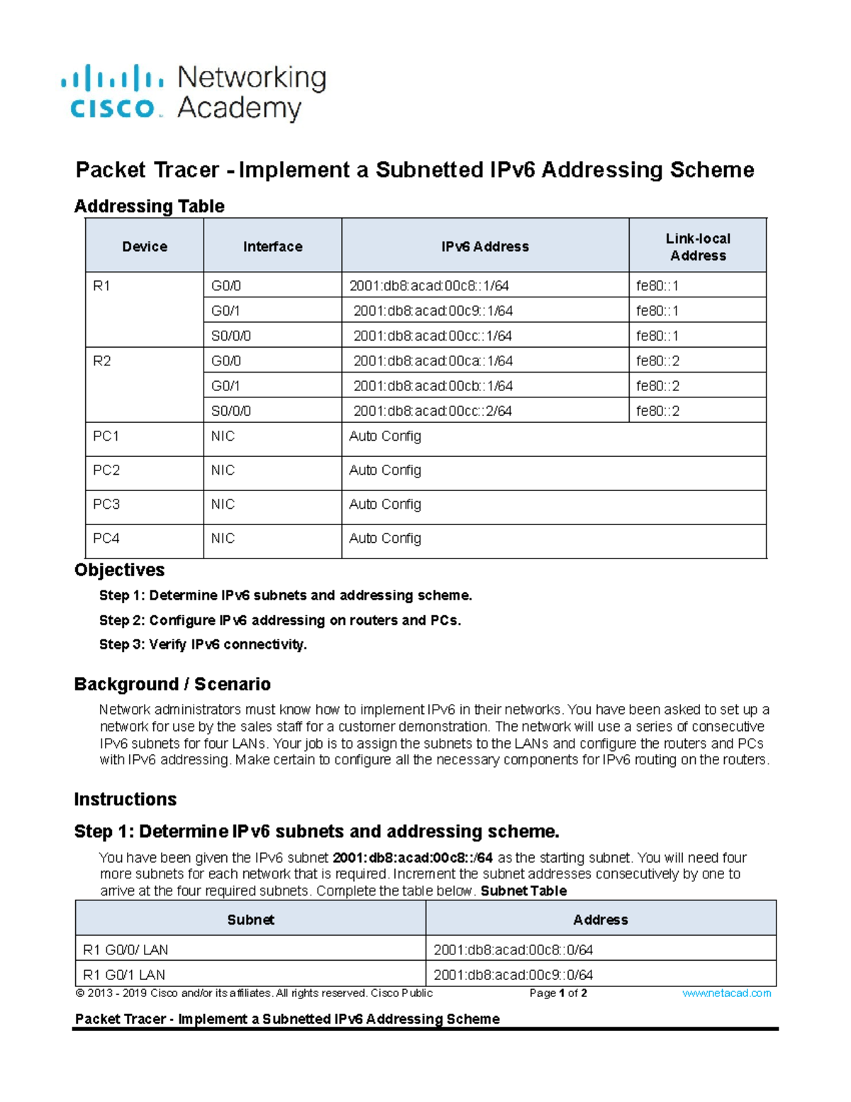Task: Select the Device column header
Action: (x=145, y=246)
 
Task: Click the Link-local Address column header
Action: (x=698, y=247)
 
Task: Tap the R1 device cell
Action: (x=101, y=286)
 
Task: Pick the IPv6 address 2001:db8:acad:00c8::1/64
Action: (x=429, y=286)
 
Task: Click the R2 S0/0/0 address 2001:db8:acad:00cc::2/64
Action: (x=433, y=411)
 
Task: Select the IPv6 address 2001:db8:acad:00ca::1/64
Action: (x=433, y=360)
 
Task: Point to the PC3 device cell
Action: (x=106, y=504)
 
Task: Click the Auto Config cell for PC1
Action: (x=385, y=436)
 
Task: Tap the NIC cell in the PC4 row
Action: (x=223, y=538)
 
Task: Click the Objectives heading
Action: (x=119, y=570)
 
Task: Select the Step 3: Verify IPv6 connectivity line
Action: (x=203, y=644)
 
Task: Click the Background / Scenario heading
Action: (x=172, y=684)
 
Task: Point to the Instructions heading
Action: (x=125, y=799)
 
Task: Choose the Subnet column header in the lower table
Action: (x=250, y=920)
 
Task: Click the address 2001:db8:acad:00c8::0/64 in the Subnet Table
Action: (x=513, y=949)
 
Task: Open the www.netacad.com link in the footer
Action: (x=726, y=993)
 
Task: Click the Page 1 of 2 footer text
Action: (x=558, y=993)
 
